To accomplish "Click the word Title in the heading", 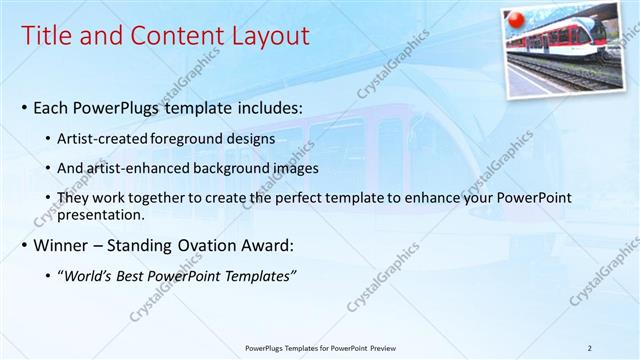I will [46, 37].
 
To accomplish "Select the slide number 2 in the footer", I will [590, 348].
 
